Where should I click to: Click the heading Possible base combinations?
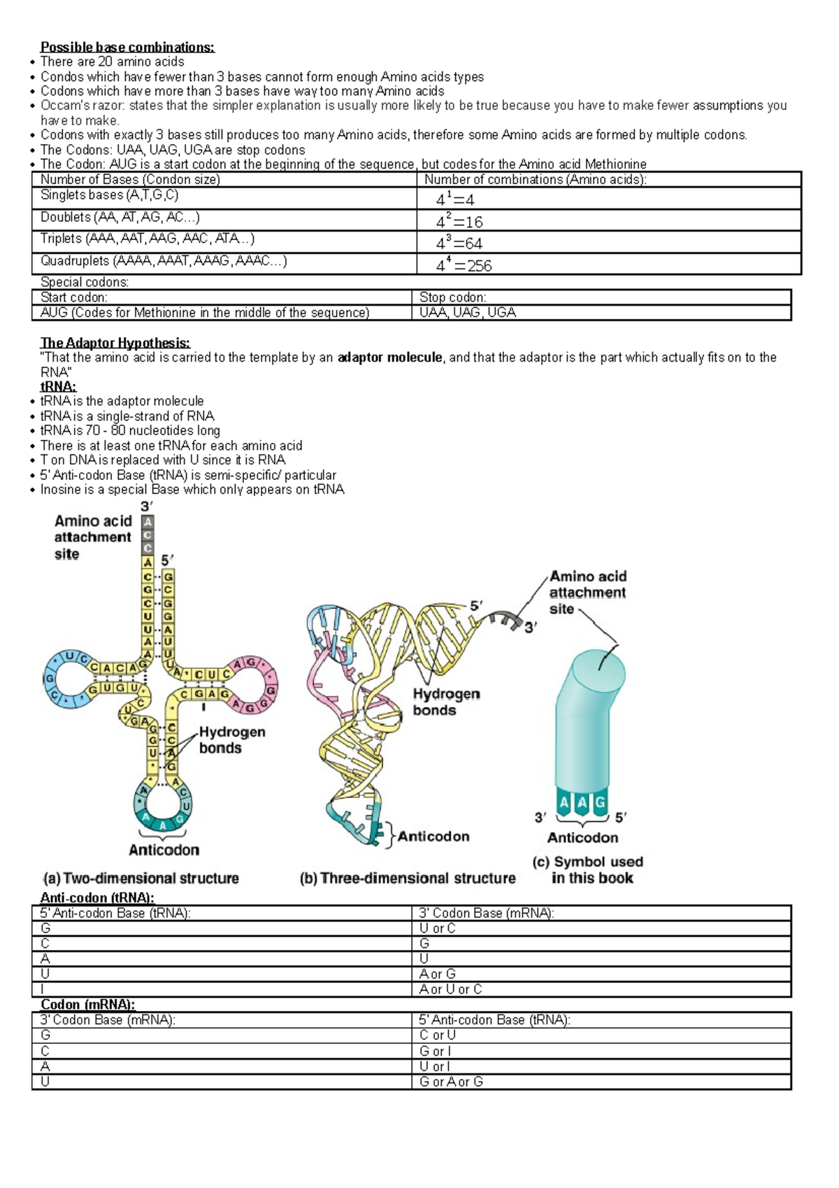[x=127, y=47]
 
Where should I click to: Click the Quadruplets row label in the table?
[x=164, y=261]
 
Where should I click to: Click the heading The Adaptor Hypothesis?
[x=115, y=343]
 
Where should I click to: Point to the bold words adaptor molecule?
[x=389, y=358]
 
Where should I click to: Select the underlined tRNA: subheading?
[x=59, y=387]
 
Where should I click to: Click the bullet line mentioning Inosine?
[x=192, y=489]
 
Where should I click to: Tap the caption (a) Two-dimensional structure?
[x=141, y=878]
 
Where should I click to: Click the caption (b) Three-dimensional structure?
[x=408, y=878]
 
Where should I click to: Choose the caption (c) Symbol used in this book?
[x=587, y=870]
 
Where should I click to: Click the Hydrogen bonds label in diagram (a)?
[x=231, y=740]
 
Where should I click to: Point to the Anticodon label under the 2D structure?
[x=164, y=850]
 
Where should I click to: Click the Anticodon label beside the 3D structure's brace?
[x=433, y=836]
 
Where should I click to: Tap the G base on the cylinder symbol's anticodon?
[x=599, y=803]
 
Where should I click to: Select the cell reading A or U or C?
[x=450, y=989]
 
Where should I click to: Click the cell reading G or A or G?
[x=451, y=1082]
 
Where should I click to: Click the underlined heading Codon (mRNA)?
[x=87, y=1005]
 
